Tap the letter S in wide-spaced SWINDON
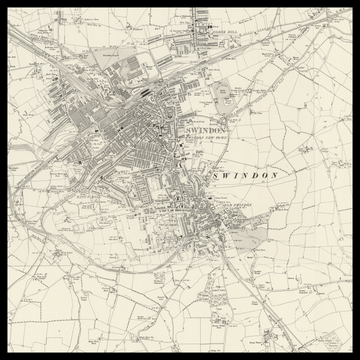coord(215,175)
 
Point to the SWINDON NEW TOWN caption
coord(207,139)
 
